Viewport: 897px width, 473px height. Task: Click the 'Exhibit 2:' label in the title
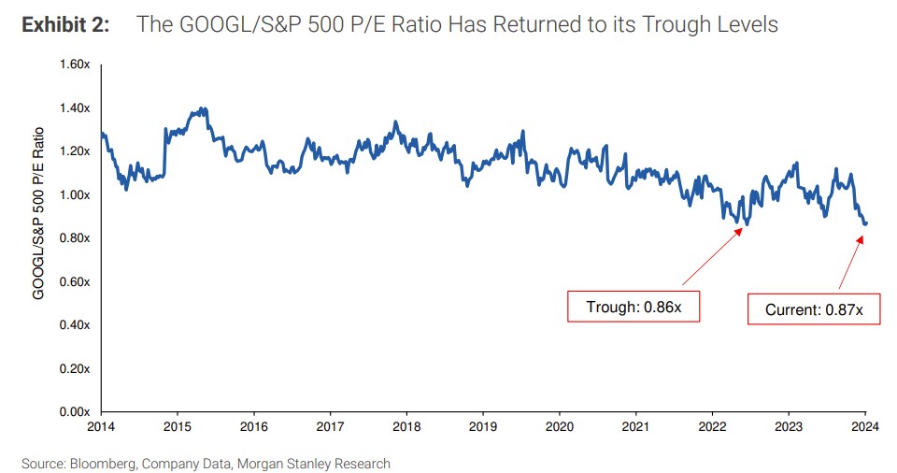pos(64,24)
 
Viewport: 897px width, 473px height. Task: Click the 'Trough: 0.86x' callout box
pos(634,307)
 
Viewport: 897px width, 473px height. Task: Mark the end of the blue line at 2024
pos(865,223)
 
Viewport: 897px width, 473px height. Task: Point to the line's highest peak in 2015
pos(202,108)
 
